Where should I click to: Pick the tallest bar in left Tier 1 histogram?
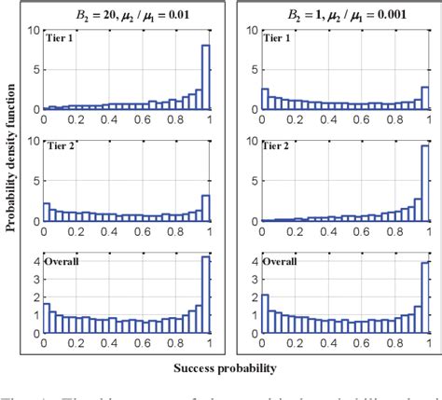[206, 77]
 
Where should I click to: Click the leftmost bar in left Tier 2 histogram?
[48, 212]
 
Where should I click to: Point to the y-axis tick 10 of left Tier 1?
[35, 31]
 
